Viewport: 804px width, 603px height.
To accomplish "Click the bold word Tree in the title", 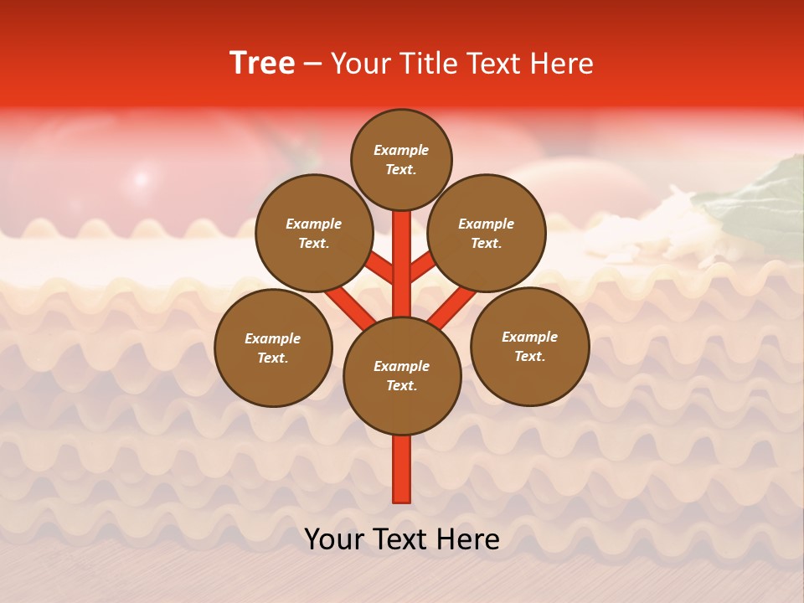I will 262,64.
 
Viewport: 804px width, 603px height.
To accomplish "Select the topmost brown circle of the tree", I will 401,159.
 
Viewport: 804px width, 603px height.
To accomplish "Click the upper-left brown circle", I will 314,233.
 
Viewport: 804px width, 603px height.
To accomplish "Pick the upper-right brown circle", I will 487,233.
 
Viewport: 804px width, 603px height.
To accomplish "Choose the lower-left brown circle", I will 273,348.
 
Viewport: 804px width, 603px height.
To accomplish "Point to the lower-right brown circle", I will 529,346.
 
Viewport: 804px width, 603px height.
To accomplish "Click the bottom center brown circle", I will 402,375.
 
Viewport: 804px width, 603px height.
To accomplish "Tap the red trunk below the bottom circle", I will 402,469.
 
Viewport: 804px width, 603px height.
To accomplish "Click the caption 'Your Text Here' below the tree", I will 402,539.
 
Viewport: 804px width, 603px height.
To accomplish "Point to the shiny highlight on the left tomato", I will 141,178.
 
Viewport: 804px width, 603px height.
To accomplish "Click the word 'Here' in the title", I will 561,64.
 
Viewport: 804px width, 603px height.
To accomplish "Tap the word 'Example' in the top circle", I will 401,150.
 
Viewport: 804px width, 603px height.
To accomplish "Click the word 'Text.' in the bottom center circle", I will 402,385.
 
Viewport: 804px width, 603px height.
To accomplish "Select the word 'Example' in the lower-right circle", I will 529,337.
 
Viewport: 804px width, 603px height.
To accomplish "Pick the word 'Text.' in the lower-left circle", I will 273,358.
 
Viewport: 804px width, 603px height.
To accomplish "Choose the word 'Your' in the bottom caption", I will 332,539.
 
